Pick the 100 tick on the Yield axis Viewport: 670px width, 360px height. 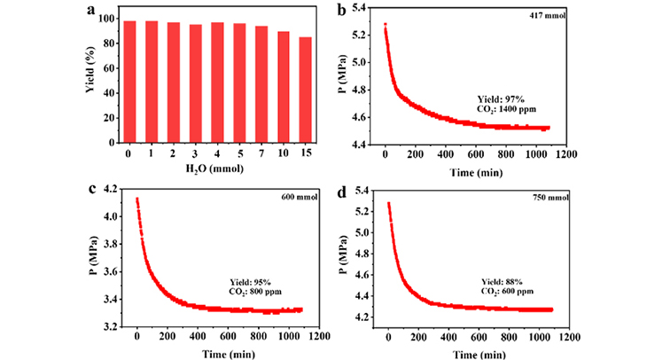coord(110,19)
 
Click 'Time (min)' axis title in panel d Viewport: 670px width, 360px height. coord(479,353)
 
